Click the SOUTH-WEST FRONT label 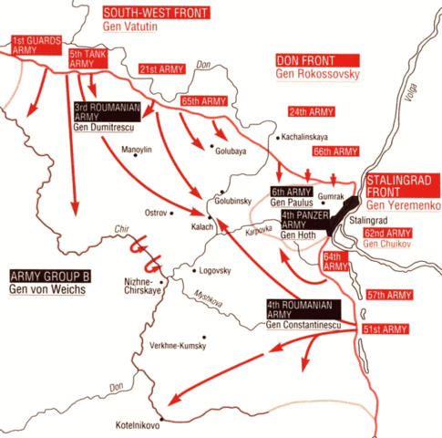coord(155,13)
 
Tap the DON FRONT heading coord(303,59)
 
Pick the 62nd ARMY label coord(390,233)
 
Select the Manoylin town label coord(136,148)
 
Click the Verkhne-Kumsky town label coord(178,347)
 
